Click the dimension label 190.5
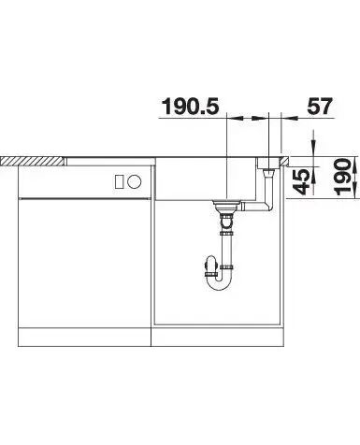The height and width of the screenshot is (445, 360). [191, 107]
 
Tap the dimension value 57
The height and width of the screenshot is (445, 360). [320, 107]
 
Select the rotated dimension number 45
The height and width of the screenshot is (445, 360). [301, 181]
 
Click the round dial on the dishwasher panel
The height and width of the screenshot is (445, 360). [135, 181]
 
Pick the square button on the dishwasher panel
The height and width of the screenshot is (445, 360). [120, 181]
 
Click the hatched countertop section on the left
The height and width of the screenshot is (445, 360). [34, 161]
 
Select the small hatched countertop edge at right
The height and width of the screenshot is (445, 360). [285, 161]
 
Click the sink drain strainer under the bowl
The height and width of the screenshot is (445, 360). [226, 206]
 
